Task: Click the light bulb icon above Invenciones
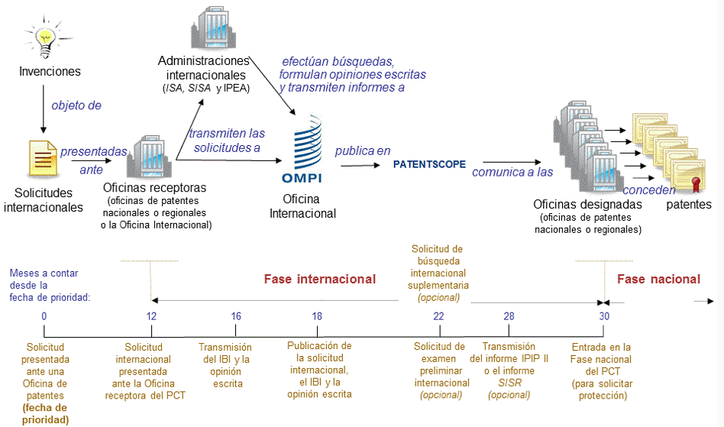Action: tap(48, 38)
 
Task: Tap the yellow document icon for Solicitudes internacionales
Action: tap(41, 157)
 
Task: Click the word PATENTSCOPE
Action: tap(429, 164)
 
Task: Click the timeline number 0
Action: tap(44, 316)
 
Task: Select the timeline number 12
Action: tap(151, 316)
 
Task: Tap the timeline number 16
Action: tap(236, 316)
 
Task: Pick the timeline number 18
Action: tap(317, 316)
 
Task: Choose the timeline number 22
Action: tap(438, 316)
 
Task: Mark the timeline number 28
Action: tap(509, 316)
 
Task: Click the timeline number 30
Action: tap(604, 316)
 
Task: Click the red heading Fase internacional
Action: tap(319, 279)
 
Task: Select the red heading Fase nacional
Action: tap(658, 279)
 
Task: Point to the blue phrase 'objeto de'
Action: tap(76, 105)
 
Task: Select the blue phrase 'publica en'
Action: tap(362, 150)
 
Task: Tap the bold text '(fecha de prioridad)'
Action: tap(45, 414)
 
